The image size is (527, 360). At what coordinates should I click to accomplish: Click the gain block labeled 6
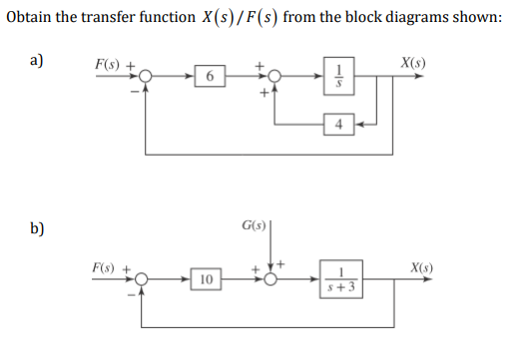[x=209, y=77]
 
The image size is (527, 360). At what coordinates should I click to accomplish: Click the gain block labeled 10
[x=207, y=282]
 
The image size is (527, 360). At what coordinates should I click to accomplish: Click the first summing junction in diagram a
[x=146, y=77]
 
